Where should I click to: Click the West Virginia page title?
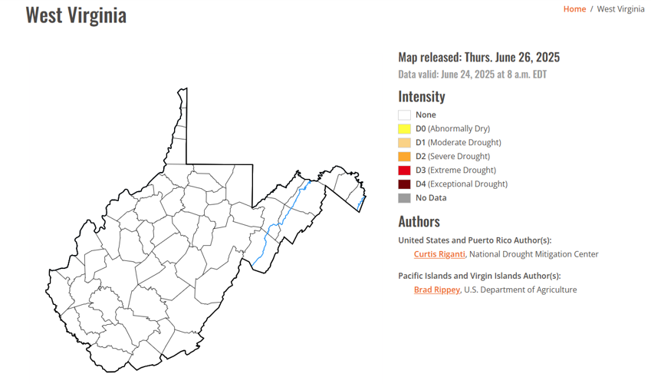(x=76, y=15)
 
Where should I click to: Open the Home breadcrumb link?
(x=574, y=9)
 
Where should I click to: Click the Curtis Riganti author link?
(x=439, y=254)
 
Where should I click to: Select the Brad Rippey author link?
(x=437, y=290)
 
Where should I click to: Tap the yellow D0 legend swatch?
(x=404, y=129)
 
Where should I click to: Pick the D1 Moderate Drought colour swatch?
(x=404, y=143)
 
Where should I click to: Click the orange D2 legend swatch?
(x=404, y=157)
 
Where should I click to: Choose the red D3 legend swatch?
(x=404, y=170)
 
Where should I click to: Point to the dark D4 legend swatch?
(x=404, y=184)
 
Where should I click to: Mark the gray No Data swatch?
(x=404, y=198)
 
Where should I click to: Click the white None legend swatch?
(x=404, y=115)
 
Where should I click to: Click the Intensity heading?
(x=421, y=97)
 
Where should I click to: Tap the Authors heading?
(x=419, y=221)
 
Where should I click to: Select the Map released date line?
(x=478, y=58)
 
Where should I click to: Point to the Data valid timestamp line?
(x=472, y=74)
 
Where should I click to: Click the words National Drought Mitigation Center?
(x=534, y=254)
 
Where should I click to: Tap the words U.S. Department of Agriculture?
(x=521, y=290)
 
